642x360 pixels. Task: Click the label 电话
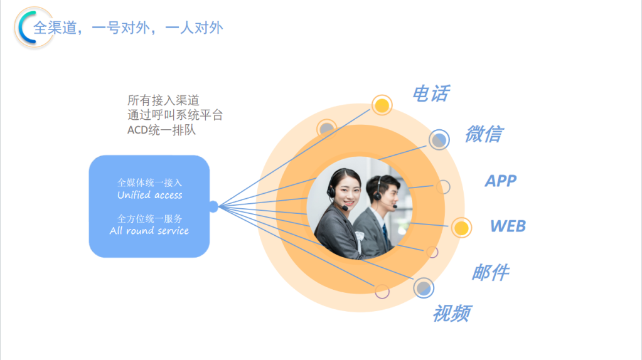tap(431, 93)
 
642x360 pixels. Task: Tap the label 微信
tap(484, 134)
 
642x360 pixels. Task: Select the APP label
tap(501, 181)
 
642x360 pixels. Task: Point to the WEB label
tap(508, 226)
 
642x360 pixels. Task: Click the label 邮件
tap(491, 272)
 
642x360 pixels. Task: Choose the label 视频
tap(452, 314)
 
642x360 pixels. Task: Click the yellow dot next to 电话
tap(382, 105)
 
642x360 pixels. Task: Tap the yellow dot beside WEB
tap(461, 228)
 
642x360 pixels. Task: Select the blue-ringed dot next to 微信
tap(439, 139)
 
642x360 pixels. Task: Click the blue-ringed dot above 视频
tap(424, 288)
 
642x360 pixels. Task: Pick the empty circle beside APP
tap(443, 187)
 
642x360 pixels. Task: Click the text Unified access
tap(150, 194)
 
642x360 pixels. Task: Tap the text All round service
tap(149, 231)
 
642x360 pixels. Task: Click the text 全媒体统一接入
tap(150, 183)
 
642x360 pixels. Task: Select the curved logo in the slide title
tap(25, 28)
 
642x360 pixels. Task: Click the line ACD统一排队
tap(161, 130)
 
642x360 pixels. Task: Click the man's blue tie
tap(385, 236)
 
